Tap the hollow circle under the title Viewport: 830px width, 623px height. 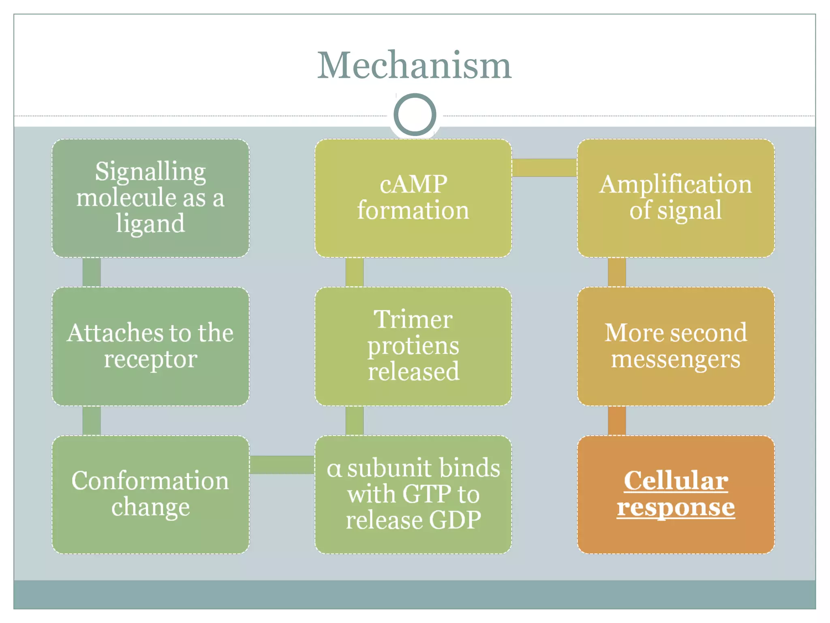pos(415,115)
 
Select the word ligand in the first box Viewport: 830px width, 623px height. pos(150,224)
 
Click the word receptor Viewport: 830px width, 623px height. pos(150,359)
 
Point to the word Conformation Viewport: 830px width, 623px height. pos(150,481)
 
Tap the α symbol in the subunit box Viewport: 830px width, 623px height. pos(335,469)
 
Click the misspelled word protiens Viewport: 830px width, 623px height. pos(413,346)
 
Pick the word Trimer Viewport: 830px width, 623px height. pos(413,319)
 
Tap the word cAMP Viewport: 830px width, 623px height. pos(413,184)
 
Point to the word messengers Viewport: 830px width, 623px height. pos(676,359)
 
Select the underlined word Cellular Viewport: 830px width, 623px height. pos(676,481)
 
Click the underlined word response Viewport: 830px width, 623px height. pos(676,507)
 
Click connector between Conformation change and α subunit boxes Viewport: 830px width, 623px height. pos(282,465)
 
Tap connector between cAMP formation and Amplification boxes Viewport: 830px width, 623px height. pos(544,168)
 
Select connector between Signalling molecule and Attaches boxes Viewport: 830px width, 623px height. pos(92,272)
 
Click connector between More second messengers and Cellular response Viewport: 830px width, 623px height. pos(617,421)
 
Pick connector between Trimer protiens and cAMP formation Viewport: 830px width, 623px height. pos(354,272)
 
